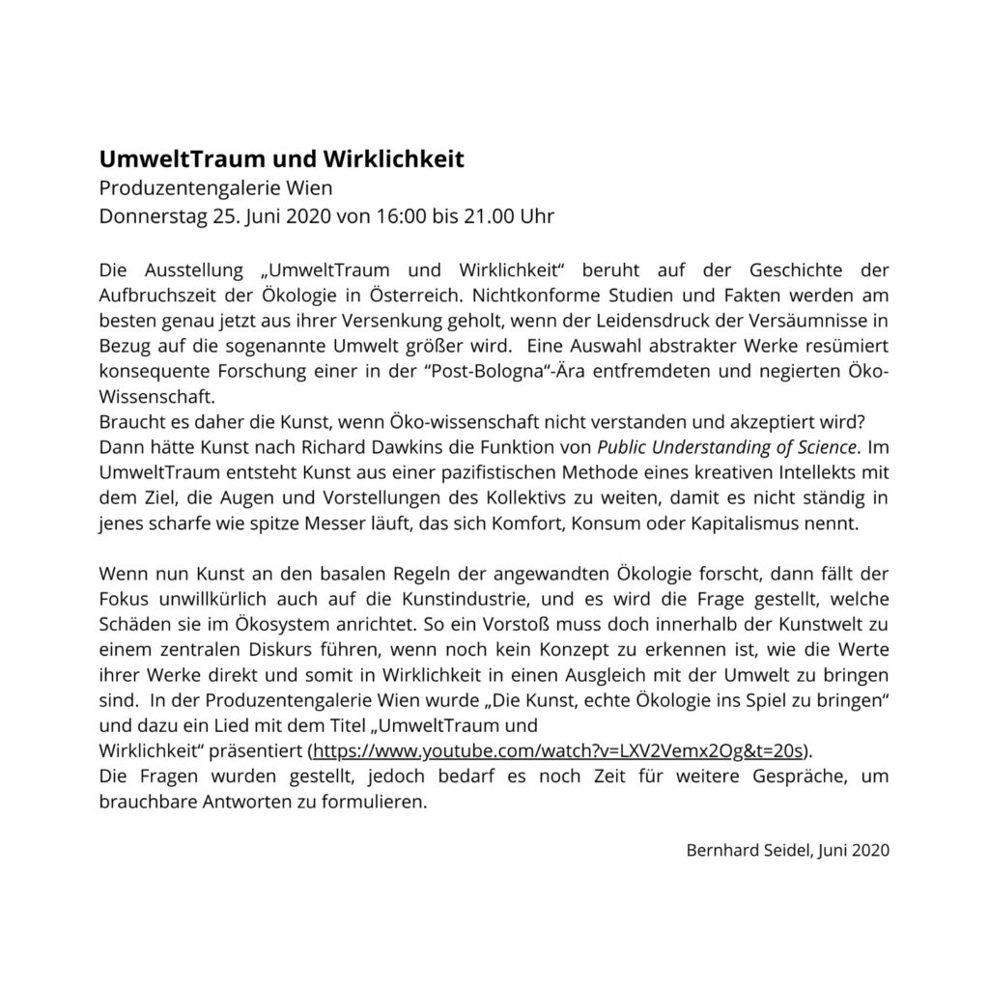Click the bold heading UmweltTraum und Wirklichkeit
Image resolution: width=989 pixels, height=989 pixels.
[282, 158]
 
